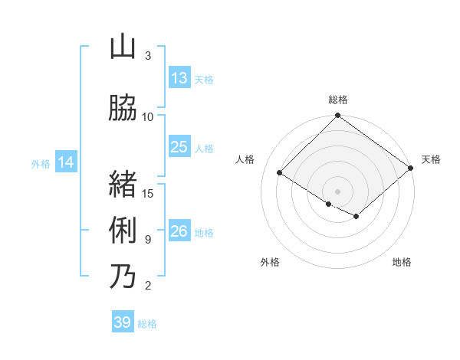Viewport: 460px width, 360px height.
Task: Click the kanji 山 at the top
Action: (x=123, y=47)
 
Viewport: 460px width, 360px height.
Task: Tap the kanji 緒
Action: (x=123, y=184)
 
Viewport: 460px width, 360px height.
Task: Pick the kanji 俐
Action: (x=123, y=231)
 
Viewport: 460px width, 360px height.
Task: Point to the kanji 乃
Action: (x=123, y=277)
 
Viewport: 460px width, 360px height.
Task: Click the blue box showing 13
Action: (x=179, y=78)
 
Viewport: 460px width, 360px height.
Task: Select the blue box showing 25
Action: (x=179, y=147)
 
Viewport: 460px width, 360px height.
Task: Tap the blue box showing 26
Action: (x=179, y=231)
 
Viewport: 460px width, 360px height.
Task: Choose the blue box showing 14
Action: (x=66, y=162)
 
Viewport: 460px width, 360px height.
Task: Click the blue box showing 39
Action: (x=122, y=322)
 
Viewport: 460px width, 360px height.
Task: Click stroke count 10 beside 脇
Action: (x=148, y=116)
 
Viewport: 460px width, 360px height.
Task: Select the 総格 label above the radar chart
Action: (x=337, y=100)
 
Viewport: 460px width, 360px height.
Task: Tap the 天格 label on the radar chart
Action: (x=431, y=159)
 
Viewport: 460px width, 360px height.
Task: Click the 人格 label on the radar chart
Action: (x=245, y=159)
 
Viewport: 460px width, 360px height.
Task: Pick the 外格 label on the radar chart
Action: (x=270, y=262)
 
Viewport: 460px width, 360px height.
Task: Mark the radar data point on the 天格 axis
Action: (x=411, y=168)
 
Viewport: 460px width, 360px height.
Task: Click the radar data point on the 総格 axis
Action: (x=337, y=116)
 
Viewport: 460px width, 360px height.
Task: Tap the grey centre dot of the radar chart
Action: (x=337, y=191)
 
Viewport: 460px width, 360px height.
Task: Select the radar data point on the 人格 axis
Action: (x=280, y=172)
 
